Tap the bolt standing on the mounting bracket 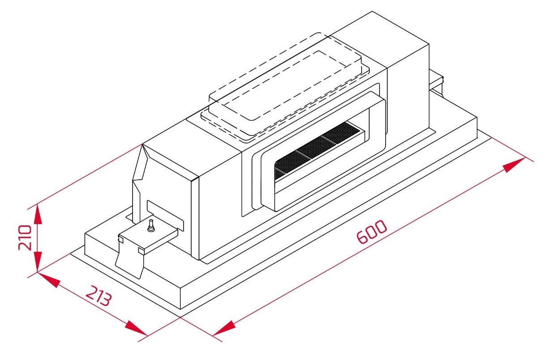(x=151, y=225)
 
